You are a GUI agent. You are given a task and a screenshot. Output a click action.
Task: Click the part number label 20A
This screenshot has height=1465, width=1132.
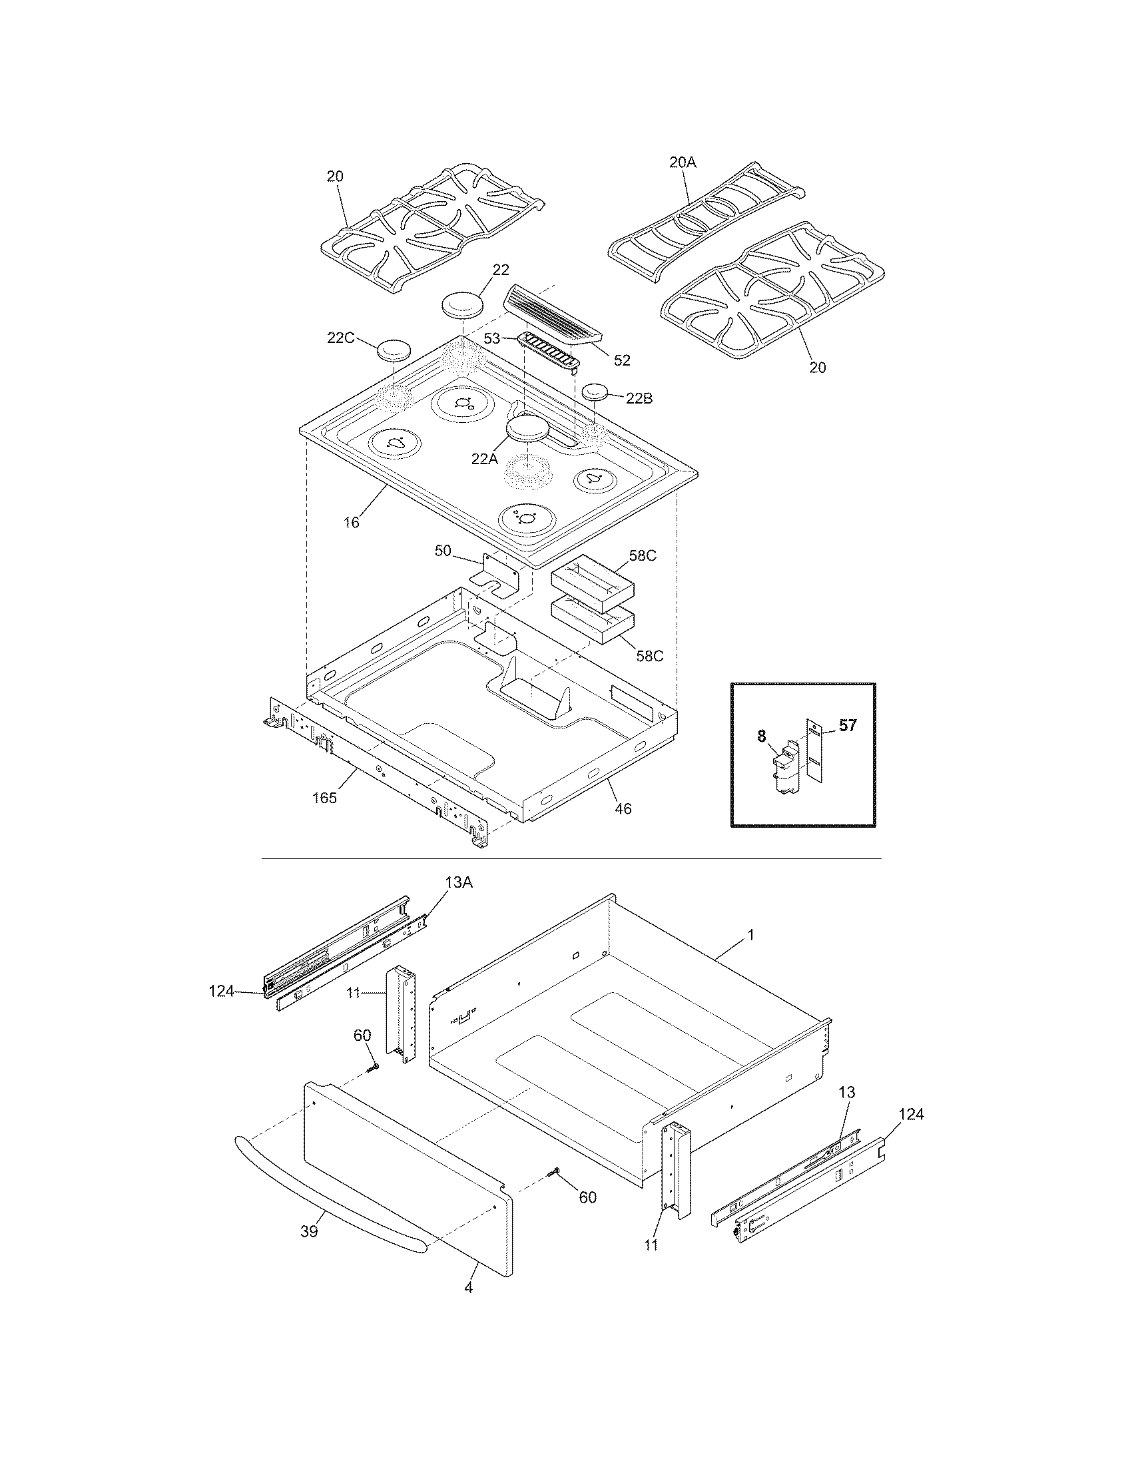pyautogui.click(x=683, y=162)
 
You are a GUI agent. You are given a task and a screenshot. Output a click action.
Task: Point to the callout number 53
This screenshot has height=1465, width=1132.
pyautogui.click(x=492, y=339)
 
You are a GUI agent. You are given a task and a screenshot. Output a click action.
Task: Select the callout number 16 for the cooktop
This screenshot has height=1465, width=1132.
pyautogui.click(x=352, y=522)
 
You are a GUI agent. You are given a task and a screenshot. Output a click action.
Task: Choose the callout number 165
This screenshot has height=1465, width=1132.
pyautogui.click(x=324, y=798)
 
